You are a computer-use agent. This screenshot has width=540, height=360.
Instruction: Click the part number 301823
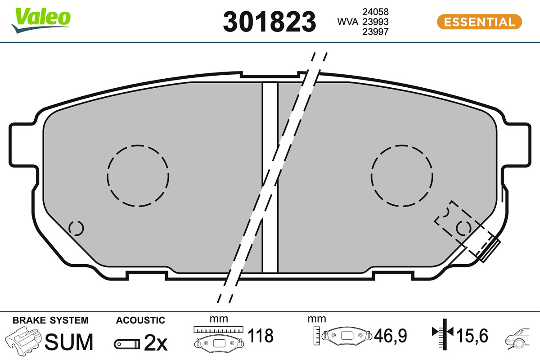(x=269, y=22)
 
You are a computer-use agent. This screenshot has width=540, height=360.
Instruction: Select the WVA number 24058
(x=375, y=12)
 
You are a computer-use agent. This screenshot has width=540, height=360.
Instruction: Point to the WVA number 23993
(x=375, y=22)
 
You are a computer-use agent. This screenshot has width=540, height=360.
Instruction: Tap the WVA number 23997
(x=375, y=32)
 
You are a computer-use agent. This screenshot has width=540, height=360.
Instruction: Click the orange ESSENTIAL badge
(x=479, y=22)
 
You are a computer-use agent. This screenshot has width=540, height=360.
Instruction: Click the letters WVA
(x=347, y=22)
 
